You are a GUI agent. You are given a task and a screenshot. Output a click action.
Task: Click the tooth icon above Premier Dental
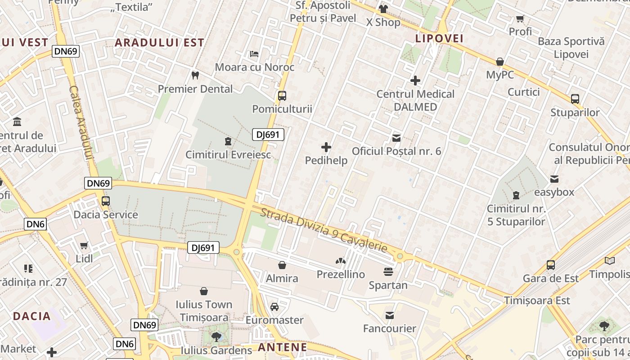pos(195,75)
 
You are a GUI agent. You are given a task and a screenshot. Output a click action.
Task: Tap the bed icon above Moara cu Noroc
pos(254,54)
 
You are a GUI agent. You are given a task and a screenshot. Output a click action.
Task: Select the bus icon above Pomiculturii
pos(282,95)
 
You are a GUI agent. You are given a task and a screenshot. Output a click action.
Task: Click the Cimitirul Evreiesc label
pos(228,155)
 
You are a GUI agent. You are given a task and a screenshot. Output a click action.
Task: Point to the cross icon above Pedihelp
pos(326,147)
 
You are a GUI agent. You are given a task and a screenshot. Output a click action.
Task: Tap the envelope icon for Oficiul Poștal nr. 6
pos(396,138)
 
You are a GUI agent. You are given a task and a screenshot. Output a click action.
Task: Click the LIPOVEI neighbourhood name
pos(439,39)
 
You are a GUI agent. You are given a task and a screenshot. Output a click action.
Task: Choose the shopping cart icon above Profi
pos(520,18)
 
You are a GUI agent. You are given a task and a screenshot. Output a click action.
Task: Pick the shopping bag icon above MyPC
pos(500,62)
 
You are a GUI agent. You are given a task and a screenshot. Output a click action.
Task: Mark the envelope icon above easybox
pos(554,179)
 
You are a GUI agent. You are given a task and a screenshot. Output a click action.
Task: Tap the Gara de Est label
pos(551,279)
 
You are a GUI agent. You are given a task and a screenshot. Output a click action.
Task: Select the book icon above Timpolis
pos(610,261)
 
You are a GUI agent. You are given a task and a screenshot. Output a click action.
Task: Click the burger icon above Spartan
pos(388,272)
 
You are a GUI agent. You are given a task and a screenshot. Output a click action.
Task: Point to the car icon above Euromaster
pos(274,307)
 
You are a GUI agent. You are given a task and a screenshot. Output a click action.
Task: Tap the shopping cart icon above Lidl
pos(84,245)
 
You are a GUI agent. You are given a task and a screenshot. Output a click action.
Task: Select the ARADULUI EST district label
pos(159,43)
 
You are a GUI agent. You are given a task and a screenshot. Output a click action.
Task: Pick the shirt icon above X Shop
pos(383,9)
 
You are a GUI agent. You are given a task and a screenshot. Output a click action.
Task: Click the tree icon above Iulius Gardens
pos(216,337)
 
